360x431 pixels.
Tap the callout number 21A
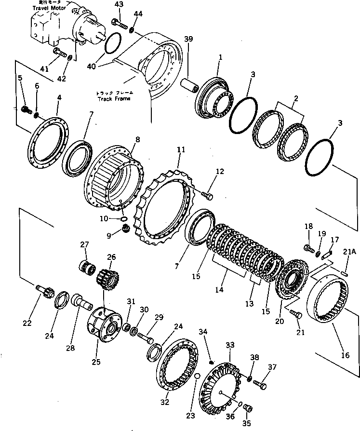349,251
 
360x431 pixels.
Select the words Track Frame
116,98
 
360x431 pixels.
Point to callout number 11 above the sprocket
181,150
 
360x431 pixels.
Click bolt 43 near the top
119,23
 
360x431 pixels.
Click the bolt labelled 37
261,385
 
